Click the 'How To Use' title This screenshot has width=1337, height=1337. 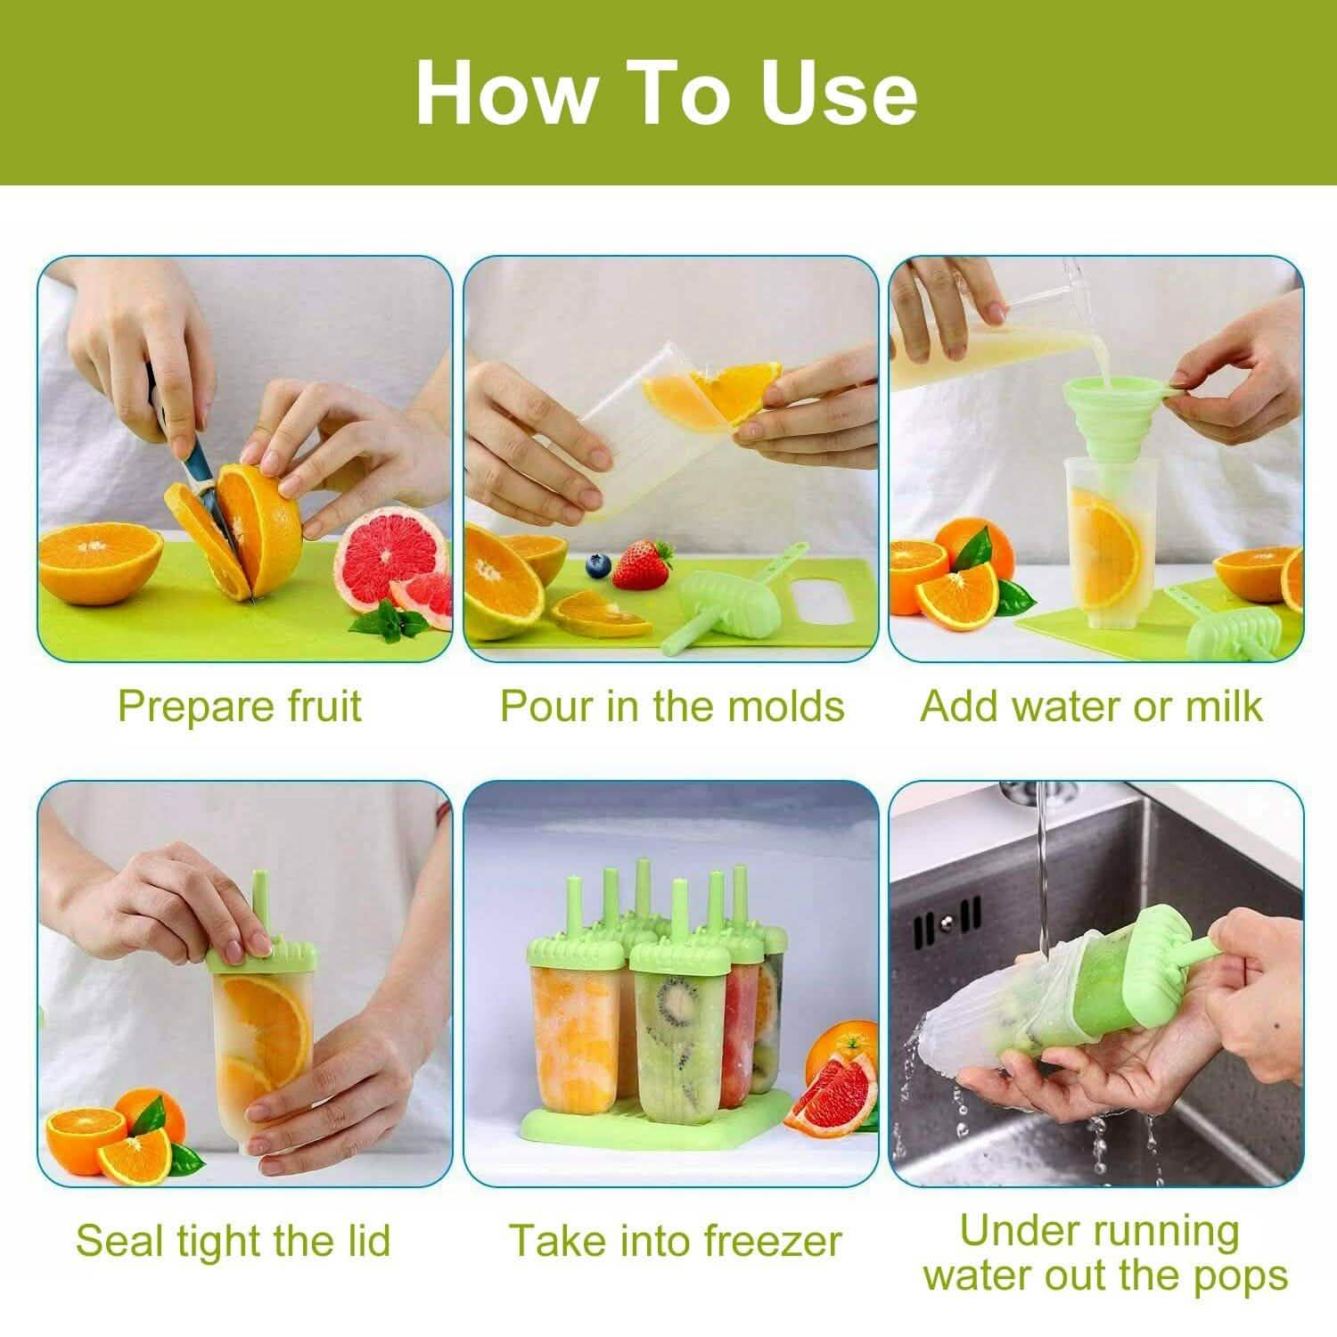(667, 94)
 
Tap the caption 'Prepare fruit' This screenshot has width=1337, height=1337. (239, 706)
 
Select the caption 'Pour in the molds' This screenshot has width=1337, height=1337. (671, 706)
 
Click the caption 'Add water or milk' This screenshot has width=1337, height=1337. (1091, 706)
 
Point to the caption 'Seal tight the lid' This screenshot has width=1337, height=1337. (234, 1240)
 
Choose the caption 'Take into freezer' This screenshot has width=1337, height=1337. (675, 1240)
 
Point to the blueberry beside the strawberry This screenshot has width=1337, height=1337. (596, 564)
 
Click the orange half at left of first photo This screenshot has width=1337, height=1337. (100, 561)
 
